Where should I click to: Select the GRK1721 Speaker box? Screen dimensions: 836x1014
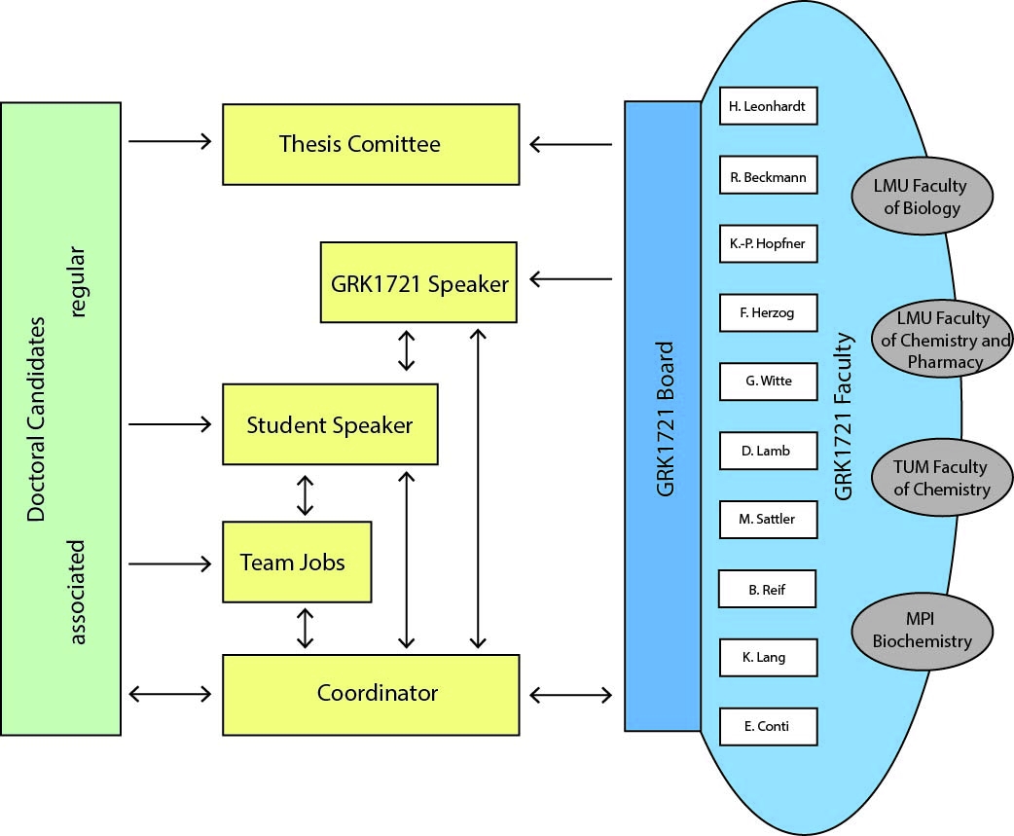(418, 283)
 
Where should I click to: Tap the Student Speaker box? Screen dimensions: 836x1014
(330, 424)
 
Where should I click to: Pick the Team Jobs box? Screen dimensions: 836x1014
(296, 562)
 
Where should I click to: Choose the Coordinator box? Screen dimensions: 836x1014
(370, 694)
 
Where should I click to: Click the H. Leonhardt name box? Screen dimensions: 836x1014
(768, 106)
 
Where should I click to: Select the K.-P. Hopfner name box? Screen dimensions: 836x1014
(768, 243)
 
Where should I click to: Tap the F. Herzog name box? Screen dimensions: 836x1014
(768, 312)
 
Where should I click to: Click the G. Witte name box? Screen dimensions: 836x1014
(768, 381)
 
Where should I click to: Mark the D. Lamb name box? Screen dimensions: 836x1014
(768, 450)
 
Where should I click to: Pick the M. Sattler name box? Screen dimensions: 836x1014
(768, 519)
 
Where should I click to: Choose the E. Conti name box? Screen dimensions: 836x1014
(768, 726)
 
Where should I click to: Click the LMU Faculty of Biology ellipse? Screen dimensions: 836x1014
(921, 196)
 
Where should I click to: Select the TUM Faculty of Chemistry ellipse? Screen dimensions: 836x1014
(921, 477)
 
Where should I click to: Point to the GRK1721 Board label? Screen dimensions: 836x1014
(666, 418)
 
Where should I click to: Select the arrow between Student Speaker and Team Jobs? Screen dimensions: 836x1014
(306, 494)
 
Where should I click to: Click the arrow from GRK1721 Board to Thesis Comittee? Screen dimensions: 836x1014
(570, 145)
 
